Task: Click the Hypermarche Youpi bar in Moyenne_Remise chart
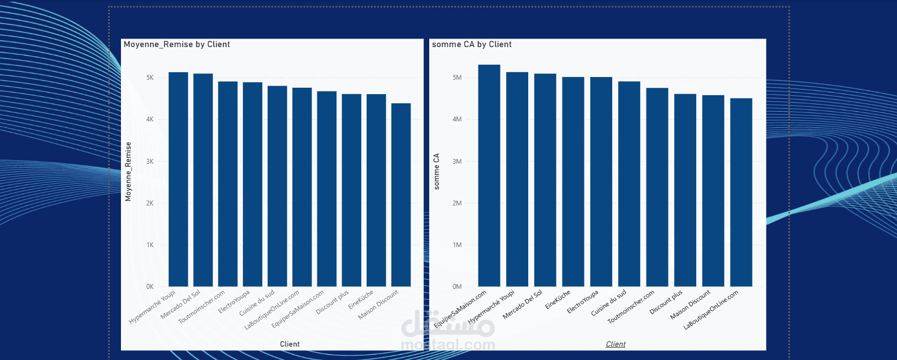pos(178,179)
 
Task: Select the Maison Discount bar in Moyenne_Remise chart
pos(401,195)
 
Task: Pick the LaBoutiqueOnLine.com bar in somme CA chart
pos(741,192)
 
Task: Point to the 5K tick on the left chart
pos(150,78)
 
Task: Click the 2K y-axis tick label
pos(150,203)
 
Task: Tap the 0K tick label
pos(150,287)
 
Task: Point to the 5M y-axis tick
pos(457,78)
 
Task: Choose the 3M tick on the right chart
pos(457,162)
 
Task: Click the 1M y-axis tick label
pos(457,245)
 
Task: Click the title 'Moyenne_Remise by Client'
pos(177,44)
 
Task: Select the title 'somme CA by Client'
pos(472,44)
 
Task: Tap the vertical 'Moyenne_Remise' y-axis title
pos(128,172)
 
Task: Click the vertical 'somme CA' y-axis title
pos(436,172)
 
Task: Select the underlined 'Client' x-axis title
pos(615,344)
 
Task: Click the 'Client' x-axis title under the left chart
pos(290,344)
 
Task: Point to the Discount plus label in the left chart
pos(332,302)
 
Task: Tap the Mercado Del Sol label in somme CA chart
pos(522,305)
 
